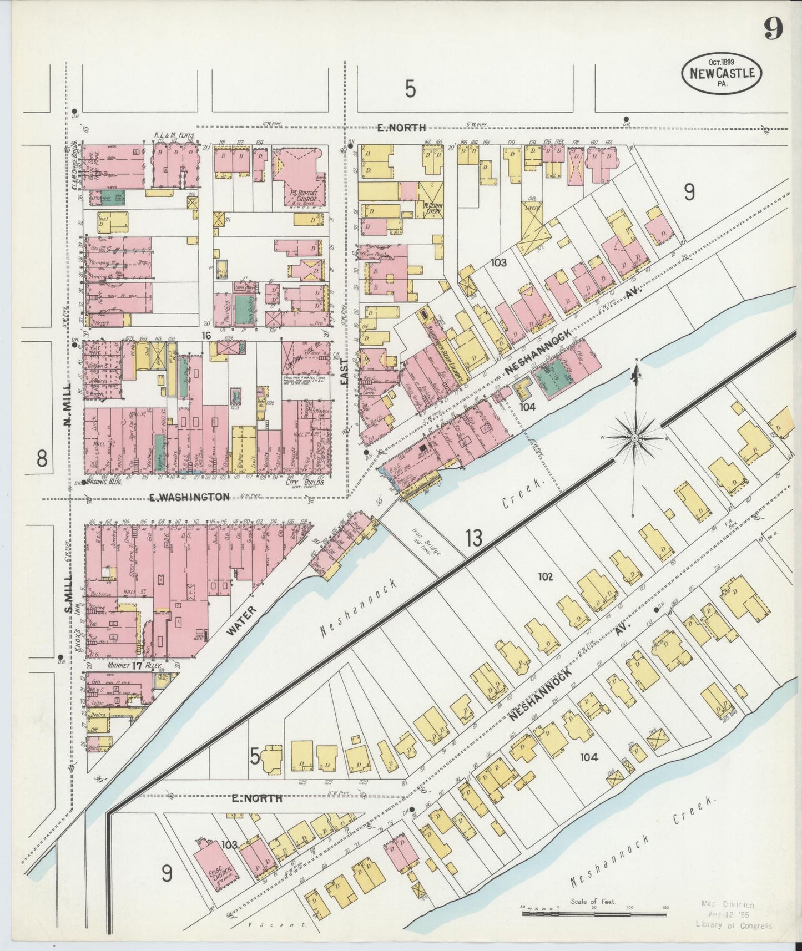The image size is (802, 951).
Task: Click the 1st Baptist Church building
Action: (300, 179)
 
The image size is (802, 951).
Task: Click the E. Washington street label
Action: (189, 497)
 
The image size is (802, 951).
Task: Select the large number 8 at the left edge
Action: (42, 459)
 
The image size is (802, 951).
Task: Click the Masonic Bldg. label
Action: (104, 483)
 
